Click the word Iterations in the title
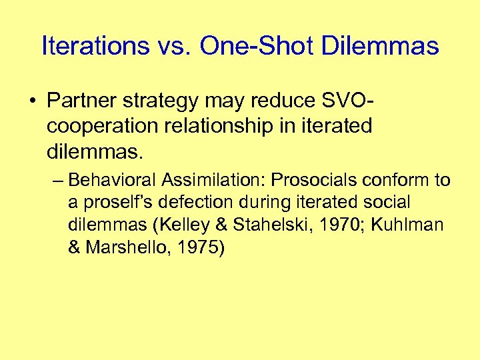95,46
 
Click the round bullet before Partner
32,101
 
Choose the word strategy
164,101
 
